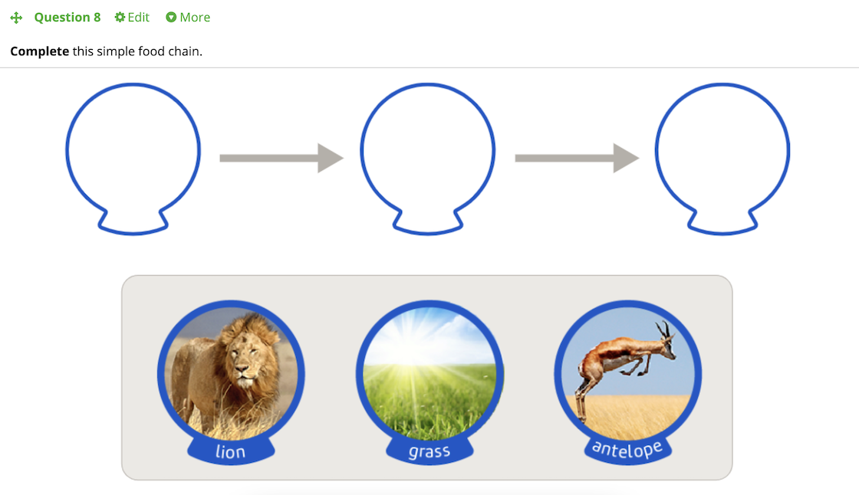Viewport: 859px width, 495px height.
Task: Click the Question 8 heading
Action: click(67, 18)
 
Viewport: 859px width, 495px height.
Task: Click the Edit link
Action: click(138, 18)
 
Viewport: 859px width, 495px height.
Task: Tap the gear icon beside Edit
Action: click(120, 18)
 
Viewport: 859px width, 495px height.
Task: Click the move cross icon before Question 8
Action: click(16, 18)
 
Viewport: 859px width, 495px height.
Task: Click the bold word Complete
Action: click(39, 51)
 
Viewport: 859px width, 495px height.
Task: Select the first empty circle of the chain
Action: click(66, 151)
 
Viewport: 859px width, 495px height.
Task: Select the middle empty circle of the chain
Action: click(361, 151)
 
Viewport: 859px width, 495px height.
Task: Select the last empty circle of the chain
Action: click(656, 151)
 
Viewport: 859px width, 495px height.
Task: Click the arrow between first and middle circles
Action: click(281, 159)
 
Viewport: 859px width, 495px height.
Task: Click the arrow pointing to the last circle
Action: click(577, 159)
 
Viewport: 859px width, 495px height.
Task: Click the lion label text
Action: click(230, 452)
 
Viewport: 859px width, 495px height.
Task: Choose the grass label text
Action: click(429, 452)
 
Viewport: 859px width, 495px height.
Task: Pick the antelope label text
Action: click(627, 449)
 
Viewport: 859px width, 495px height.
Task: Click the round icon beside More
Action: click(171, 18)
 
